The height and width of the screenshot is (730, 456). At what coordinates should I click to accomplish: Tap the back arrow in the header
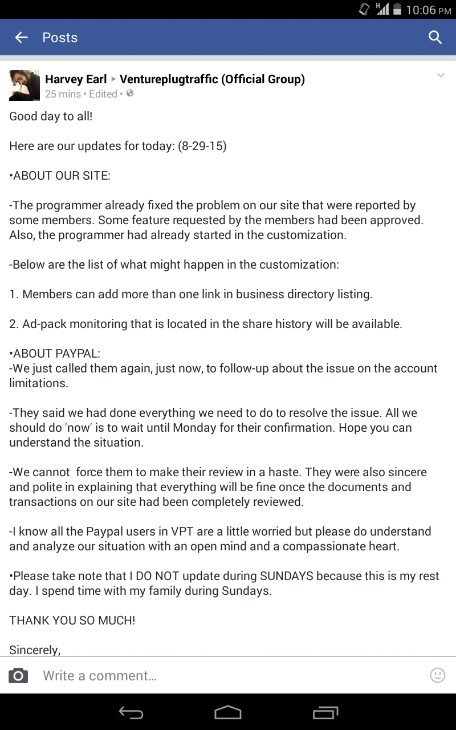click(x=22, y=38)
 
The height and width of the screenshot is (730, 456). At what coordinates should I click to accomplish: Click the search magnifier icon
click(x=435, y=38)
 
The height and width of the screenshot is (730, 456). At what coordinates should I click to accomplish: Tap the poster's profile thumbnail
click(x=25, y=86)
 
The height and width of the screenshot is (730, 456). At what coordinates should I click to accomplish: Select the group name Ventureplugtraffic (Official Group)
click(x=212, y=79)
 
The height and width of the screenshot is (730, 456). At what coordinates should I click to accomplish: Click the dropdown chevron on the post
click(x=441, y=76)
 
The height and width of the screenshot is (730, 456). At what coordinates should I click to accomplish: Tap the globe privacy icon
click(x=130, y=94)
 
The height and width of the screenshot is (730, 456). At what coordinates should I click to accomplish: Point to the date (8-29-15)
click(x=202, y=146)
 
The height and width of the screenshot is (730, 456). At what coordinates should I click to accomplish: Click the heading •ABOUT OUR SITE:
click(x=60, y=176)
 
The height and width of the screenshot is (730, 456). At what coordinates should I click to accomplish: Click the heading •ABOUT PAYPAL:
click(x=55, y=354)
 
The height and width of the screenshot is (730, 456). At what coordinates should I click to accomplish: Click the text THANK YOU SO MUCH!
click(x=72, y=620)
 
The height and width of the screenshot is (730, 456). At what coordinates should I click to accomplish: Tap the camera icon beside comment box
click(x=18, y=676)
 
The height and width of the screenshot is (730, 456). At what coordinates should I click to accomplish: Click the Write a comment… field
click(x=228, y=676)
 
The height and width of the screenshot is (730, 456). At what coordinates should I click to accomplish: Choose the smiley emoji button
click(x=437, y=675)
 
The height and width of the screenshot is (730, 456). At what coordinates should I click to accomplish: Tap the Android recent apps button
click(x=325, y=712)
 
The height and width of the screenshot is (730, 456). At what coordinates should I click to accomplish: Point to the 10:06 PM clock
click(x=428, y=10)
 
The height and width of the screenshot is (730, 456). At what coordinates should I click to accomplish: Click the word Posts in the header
click(x=60, y=38)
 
